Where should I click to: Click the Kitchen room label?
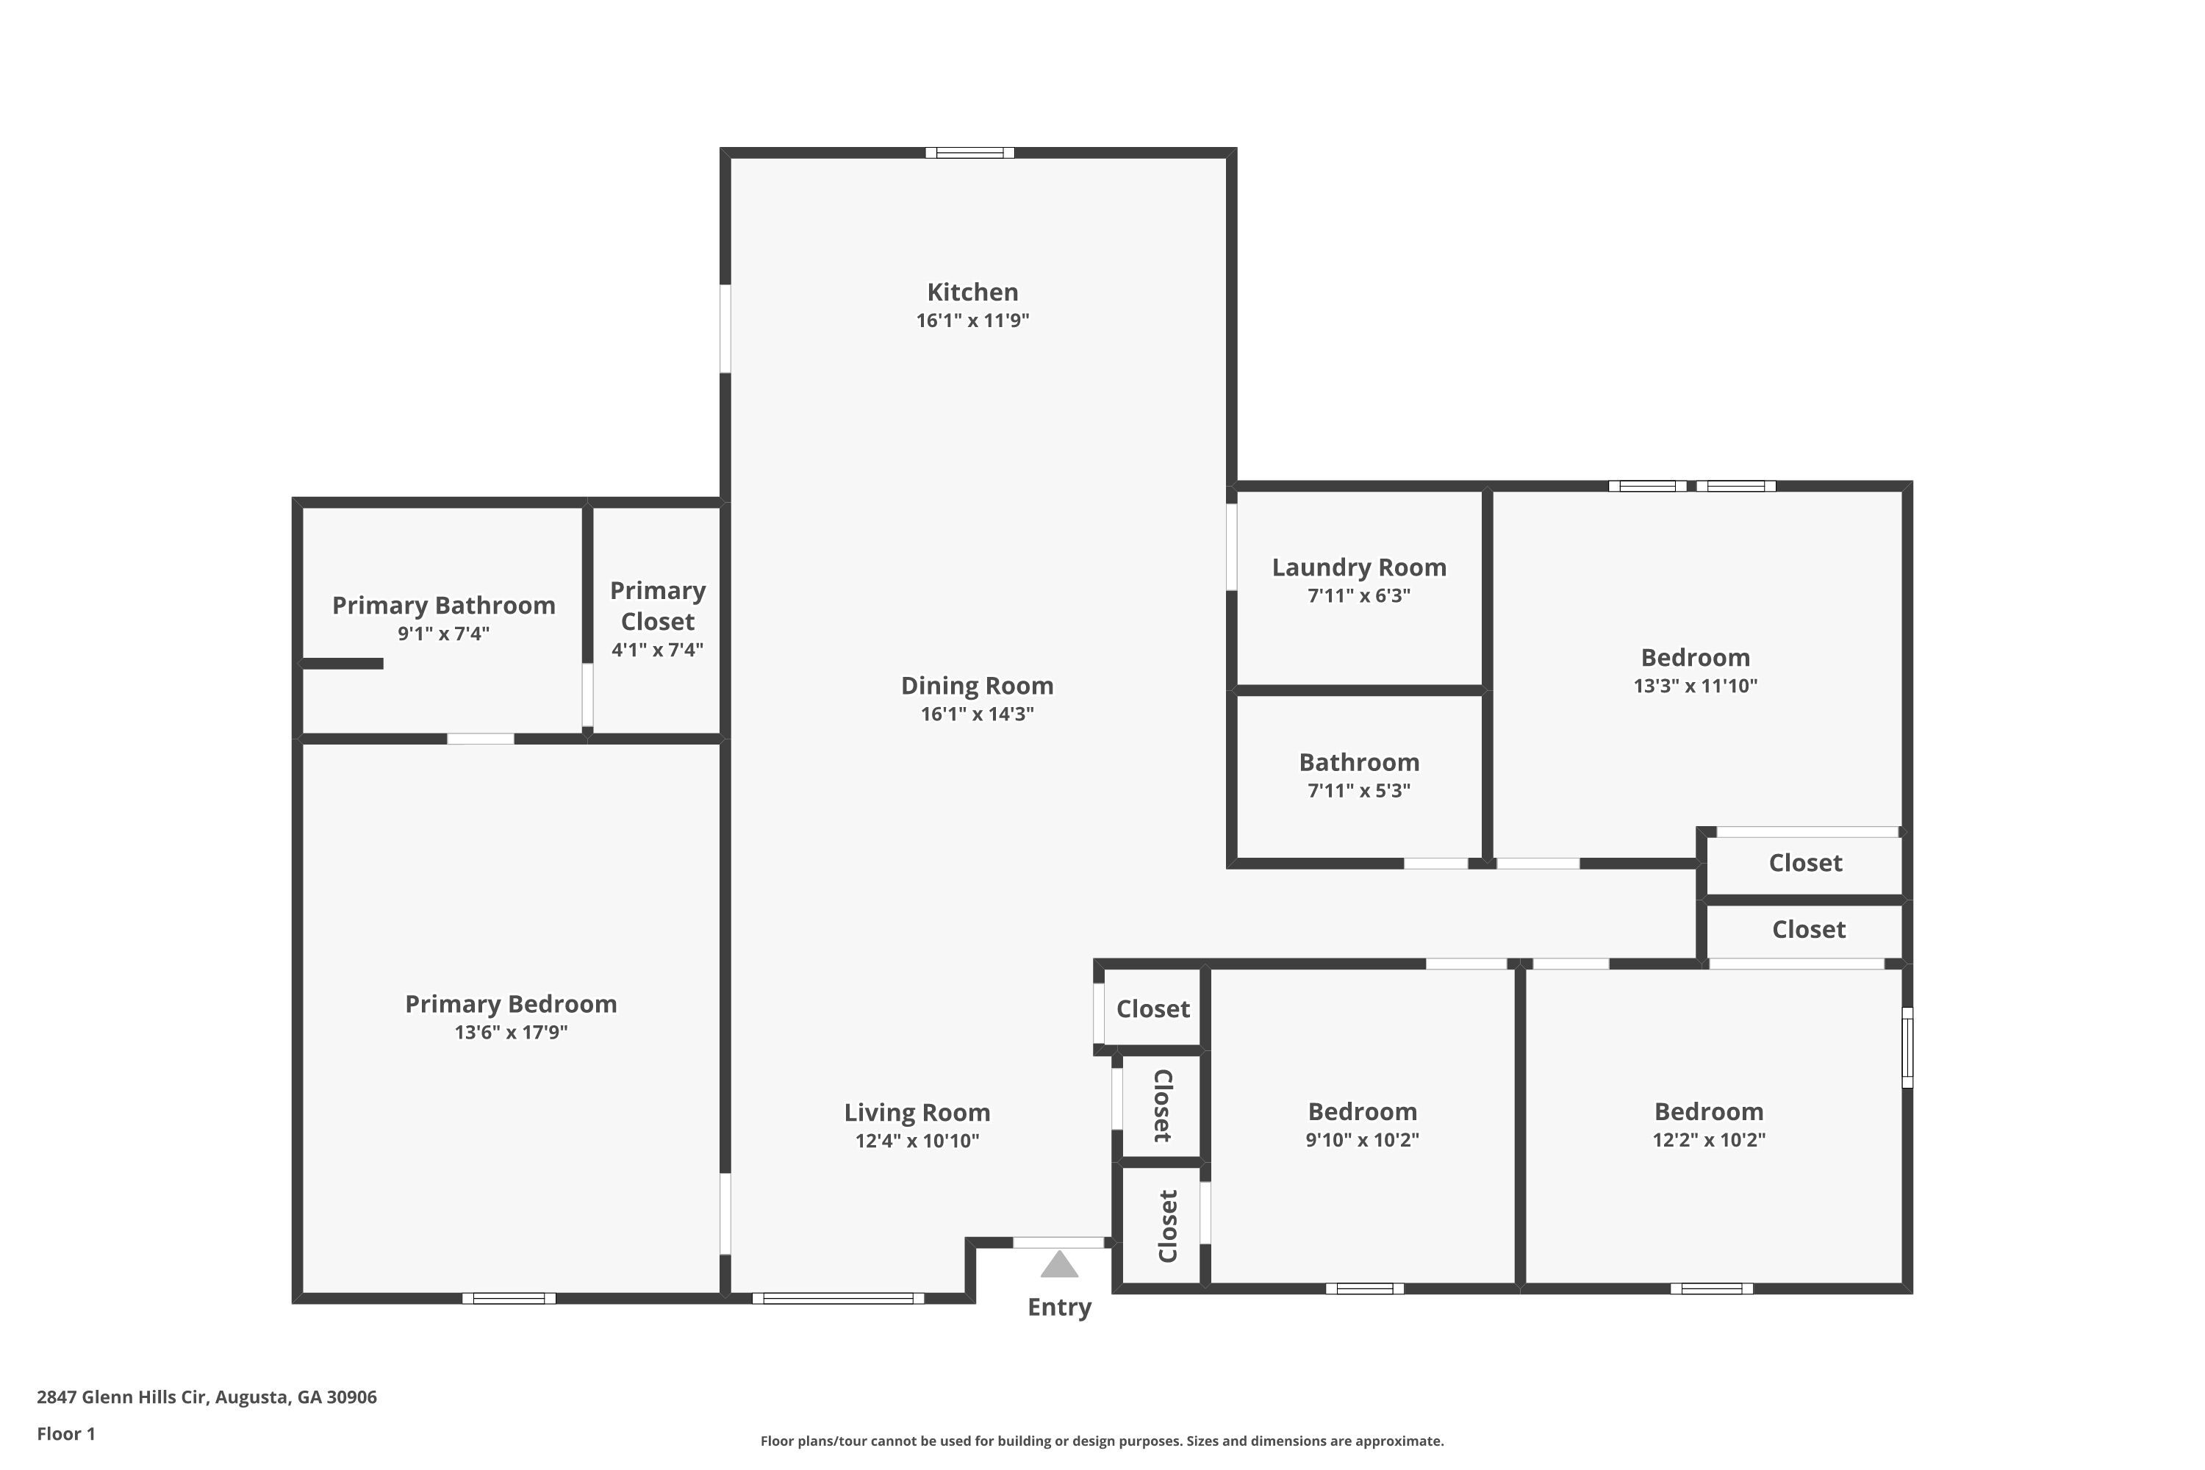click(972, 293)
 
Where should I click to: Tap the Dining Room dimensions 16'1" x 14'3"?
click(977, 714)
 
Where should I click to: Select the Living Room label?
click(917, 1113)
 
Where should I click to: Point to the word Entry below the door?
click(1059, 1308)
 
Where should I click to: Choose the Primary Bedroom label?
click(511, 1004)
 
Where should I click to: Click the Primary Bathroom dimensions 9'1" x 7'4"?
click(443, 634)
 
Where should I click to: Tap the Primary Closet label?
click(657, 606)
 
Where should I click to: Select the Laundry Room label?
click(1359, 568)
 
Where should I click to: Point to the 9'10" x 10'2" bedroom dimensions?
click(1362, 1140)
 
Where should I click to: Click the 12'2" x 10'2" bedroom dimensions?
click(1709, 1140)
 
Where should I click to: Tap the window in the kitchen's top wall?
click(970, 153)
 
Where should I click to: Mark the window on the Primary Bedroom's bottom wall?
click(509, 1299)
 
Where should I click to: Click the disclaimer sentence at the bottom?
click(1102, 1441)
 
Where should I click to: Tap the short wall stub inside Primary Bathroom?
click(343, 664)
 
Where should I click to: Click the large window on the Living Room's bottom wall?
click(838, 1299)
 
